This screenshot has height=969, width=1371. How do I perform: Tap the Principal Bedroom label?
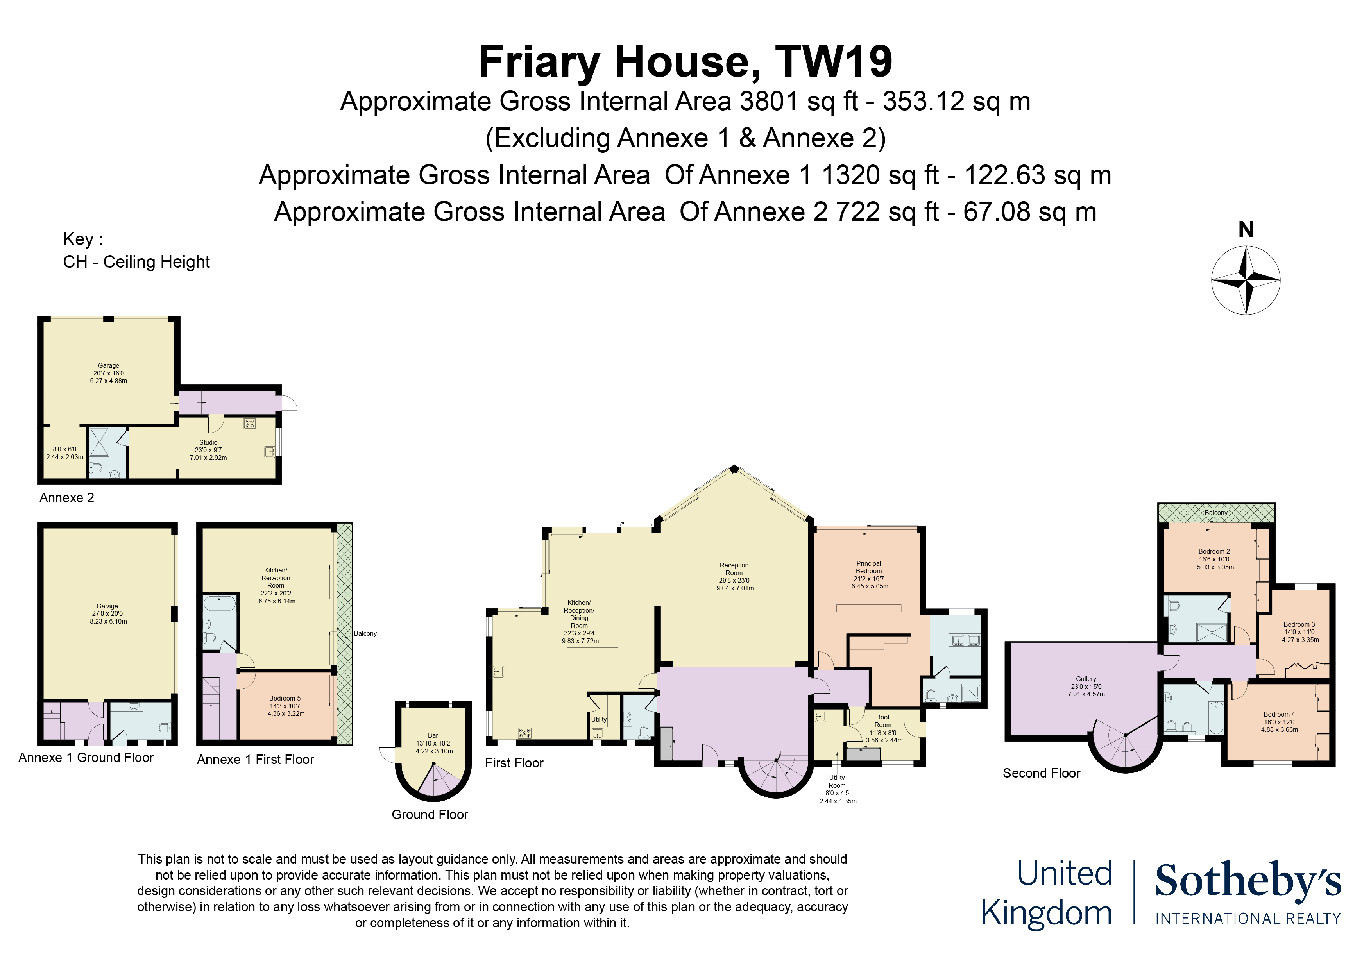click(869, 567)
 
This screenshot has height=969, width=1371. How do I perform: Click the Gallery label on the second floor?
click(1086, 679)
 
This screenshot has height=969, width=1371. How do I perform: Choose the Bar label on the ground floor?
click(433, 736)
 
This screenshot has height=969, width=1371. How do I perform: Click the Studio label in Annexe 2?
click(208, 442)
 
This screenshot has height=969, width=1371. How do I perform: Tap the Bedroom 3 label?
click(1299, 624)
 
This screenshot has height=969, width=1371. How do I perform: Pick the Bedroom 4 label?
click(1279, 715)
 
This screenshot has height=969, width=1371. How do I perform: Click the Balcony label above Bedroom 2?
click(1216, 513)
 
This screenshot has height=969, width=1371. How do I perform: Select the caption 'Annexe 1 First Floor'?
click(256, 760)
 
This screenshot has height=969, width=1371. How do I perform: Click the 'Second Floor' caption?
click(1042, 773)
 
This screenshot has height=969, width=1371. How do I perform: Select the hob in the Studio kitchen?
click(250, 424)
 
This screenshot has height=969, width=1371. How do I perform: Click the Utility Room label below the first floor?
click(837, 781)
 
